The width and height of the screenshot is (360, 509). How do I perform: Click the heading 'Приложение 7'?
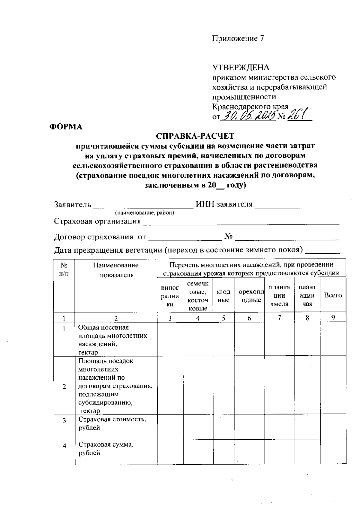(238, 39)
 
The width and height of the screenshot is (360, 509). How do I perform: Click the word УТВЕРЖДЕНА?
(241, 68)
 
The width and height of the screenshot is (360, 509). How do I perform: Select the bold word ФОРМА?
(66, 127)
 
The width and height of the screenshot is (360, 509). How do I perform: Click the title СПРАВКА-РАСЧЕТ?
(195, 136)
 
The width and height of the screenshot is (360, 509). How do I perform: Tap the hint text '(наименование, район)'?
(145, 213)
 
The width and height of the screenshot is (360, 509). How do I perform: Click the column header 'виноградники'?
(170, 296)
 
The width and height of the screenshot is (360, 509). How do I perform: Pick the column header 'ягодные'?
(223, 296)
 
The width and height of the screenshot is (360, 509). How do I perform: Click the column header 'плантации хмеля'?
(279, 296)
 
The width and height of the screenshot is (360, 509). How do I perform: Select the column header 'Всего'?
(333, 295)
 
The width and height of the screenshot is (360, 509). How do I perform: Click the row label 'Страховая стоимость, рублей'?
(112, 423)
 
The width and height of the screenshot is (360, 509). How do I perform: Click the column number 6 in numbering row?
(249, 318)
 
